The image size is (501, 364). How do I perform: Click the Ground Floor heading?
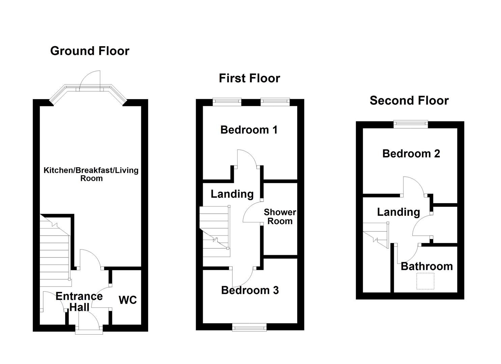pyautogui.click(x=90, y=51)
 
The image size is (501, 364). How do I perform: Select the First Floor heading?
pyautogui.click(x=249, y=78)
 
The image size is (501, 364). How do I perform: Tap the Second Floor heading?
pyautogui.click(x=409, y=100)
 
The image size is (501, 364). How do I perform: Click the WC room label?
pyautogui.click(x=128, y=300)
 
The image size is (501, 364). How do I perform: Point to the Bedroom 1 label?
pyautogui.click(x=249, y=130)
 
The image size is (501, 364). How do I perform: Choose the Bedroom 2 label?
pyautogui.click(x=411, y=154)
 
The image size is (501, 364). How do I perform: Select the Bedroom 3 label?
pyautogui.click(x=250, y=290)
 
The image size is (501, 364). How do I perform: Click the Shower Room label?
pyautogui.click(x=280, y=217)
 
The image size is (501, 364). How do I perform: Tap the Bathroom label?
pyautogui.click(x=427, y=266)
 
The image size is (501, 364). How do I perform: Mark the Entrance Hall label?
pyautogui.click(x=79, y=301)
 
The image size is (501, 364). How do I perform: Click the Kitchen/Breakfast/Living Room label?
pyautogui.click(x=91, y=174)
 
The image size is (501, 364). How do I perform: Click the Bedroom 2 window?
pyautogui.click(x=411, y=124)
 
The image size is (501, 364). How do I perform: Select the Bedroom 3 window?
pyautogui.click(x=249, y=327)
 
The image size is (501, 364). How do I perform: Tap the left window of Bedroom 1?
pyautogui.click(x=227, y=101)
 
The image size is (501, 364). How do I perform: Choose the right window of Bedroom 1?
pyautogui.click(x=275, y=101)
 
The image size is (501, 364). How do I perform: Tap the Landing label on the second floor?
pyautogui.click(x=398, y=212)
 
